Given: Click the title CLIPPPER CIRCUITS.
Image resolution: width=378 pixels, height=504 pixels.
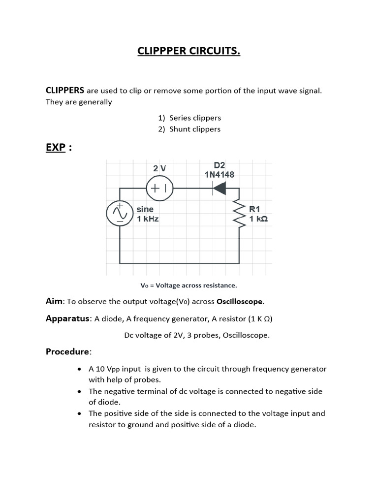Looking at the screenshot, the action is pos(189,51).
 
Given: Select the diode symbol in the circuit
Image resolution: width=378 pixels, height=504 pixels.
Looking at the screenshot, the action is pos(220,188).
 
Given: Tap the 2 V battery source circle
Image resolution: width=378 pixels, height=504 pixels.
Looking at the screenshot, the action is pos(160,188).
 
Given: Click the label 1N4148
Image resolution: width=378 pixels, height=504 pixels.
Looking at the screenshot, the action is pos(220,174).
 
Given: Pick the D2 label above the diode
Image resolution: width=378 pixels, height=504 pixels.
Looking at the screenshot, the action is pos(220,165).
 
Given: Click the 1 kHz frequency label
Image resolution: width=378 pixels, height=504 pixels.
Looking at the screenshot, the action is pos(148,219).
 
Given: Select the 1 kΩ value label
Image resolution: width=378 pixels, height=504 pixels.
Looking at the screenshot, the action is pos(259,219).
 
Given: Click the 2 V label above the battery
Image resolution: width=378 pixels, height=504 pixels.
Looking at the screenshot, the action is pos(159,168).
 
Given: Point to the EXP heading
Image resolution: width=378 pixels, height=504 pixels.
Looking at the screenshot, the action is pos(56,148).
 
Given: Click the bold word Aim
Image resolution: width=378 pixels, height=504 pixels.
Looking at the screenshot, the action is pos(55,301).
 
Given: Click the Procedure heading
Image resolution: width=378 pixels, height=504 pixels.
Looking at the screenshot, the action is pos(68,351).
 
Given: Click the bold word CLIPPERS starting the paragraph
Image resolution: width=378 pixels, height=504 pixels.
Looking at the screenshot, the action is pos(65,91).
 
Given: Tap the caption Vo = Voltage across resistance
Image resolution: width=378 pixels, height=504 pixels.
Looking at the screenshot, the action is pos(189,285).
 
